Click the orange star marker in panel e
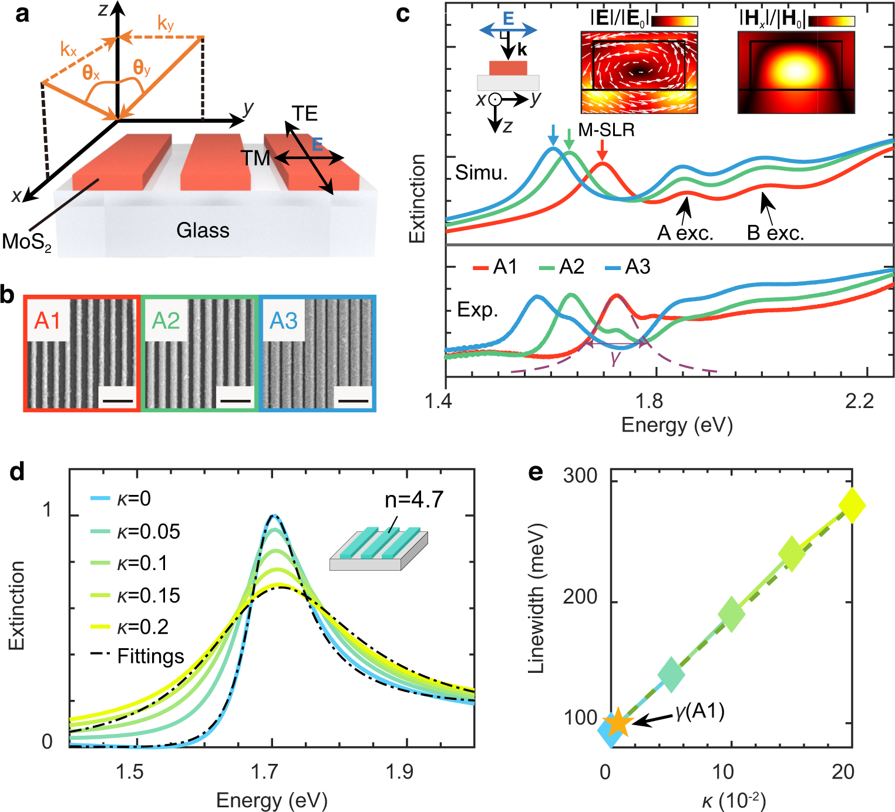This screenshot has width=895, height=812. pos(617,723)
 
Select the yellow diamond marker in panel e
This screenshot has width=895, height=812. pos(852,504)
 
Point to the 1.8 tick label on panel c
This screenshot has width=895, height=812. pos(650,402)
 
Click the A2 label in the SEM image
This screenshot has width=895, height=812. pos(166,321)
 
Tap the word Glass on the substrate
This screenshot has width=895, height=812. pos(203,230)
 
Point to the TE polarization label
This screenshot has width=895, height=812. pos(304,113)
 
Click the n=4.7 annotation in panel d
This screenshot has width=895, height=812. pos(414,500)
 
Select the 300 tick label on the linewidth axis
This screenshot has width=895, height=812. pos(580,476)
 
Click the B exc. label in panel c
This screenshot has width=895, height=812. pos(775,233)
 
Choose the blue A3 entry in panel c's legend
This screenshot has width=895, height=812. pos(628,268)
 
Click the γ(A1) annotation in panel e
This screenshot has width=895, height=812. pos(699,712)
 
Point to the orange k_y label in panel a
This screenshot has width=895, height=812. pos(166,23)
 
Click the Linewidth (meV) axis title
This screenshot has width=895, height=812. pos(537,598)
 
